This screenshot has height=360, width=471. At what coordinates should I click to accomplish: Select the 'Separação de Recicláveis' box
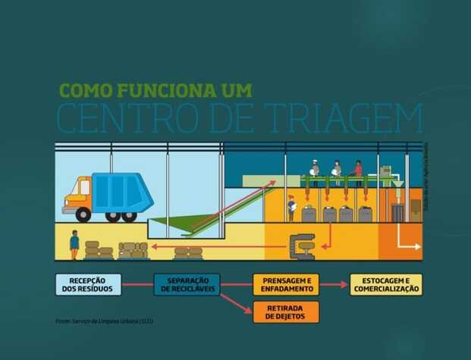(x=187, y=285)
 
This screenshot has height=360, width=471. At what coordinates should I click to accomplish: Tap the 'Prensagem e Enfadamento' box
(x=286, y=285)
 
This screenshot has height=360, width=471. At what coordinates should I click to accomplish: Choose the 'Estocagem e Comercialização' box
(x=385, y=285)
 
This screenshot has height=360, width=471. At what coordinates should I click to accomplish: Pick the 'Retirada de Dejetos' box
(x=286, y=311)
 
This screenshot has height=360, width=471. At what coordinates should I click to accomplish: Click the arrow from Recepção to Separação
(x=138, y=285)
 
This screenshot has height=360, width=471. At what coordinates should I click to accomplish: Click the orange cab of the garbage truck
(x=77, y=193)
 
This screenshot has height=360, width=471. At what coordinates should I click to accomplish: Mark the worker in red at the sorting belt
(x=358, y=171)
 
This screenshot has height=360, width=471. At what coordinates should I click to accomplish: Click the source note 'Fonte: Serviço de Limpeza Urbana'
(x=104, y=321)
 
